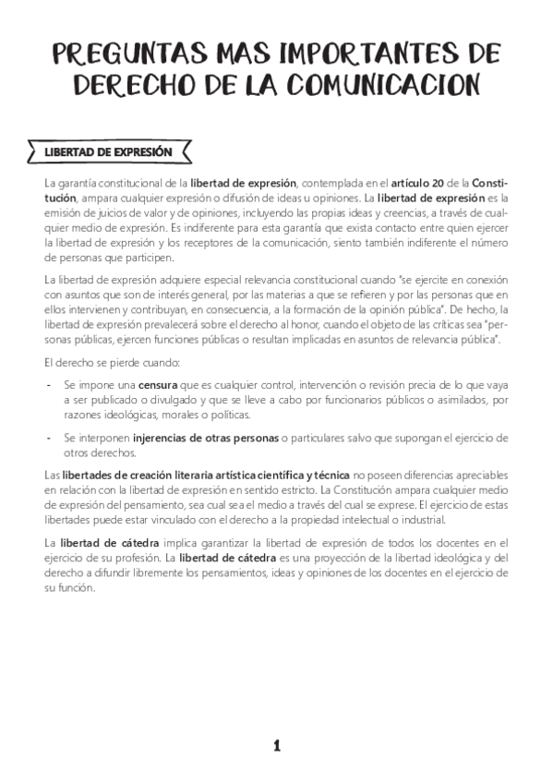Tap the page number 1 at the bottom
tap(276, 745)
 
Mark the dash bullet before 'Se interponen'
tap(48, 437)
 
